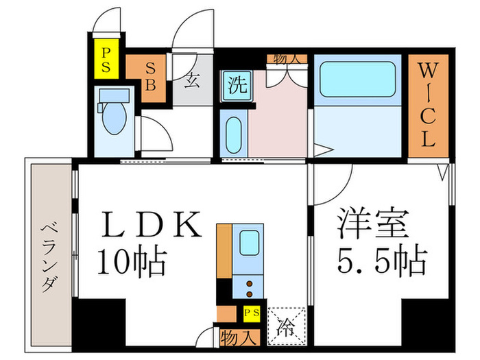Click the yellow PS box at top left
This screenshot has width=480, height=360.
coord(107,60)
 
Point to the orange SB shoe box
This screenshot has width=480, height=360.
coord(148,77)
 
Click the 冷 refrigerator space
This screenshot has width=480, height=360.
coord(283,322)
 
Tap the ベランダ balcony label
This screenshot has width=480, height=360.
coord(48,256)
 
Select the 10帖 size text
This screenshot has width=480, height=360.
coord(132,261)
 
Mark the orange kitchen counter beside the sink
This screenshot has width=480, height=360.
coord(225,250)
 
